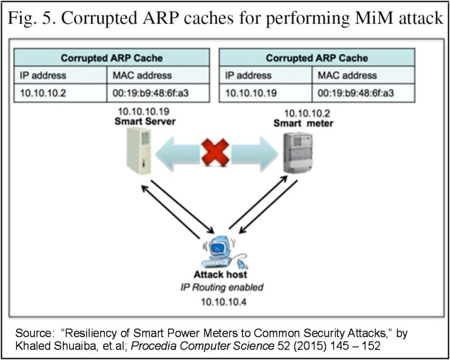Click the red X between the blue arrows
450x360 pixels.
tap(215, 152)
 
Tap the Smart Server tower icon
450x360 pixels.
tap(140, 152)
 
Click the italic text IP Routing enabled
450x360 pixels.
tap(221, 287)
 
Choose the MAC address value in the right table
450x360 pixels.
tap(356, 92)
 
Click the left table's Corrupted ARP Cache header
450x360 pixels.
tap(111, 58)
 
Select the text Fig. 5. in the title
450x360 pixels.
tap(33, 18)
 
